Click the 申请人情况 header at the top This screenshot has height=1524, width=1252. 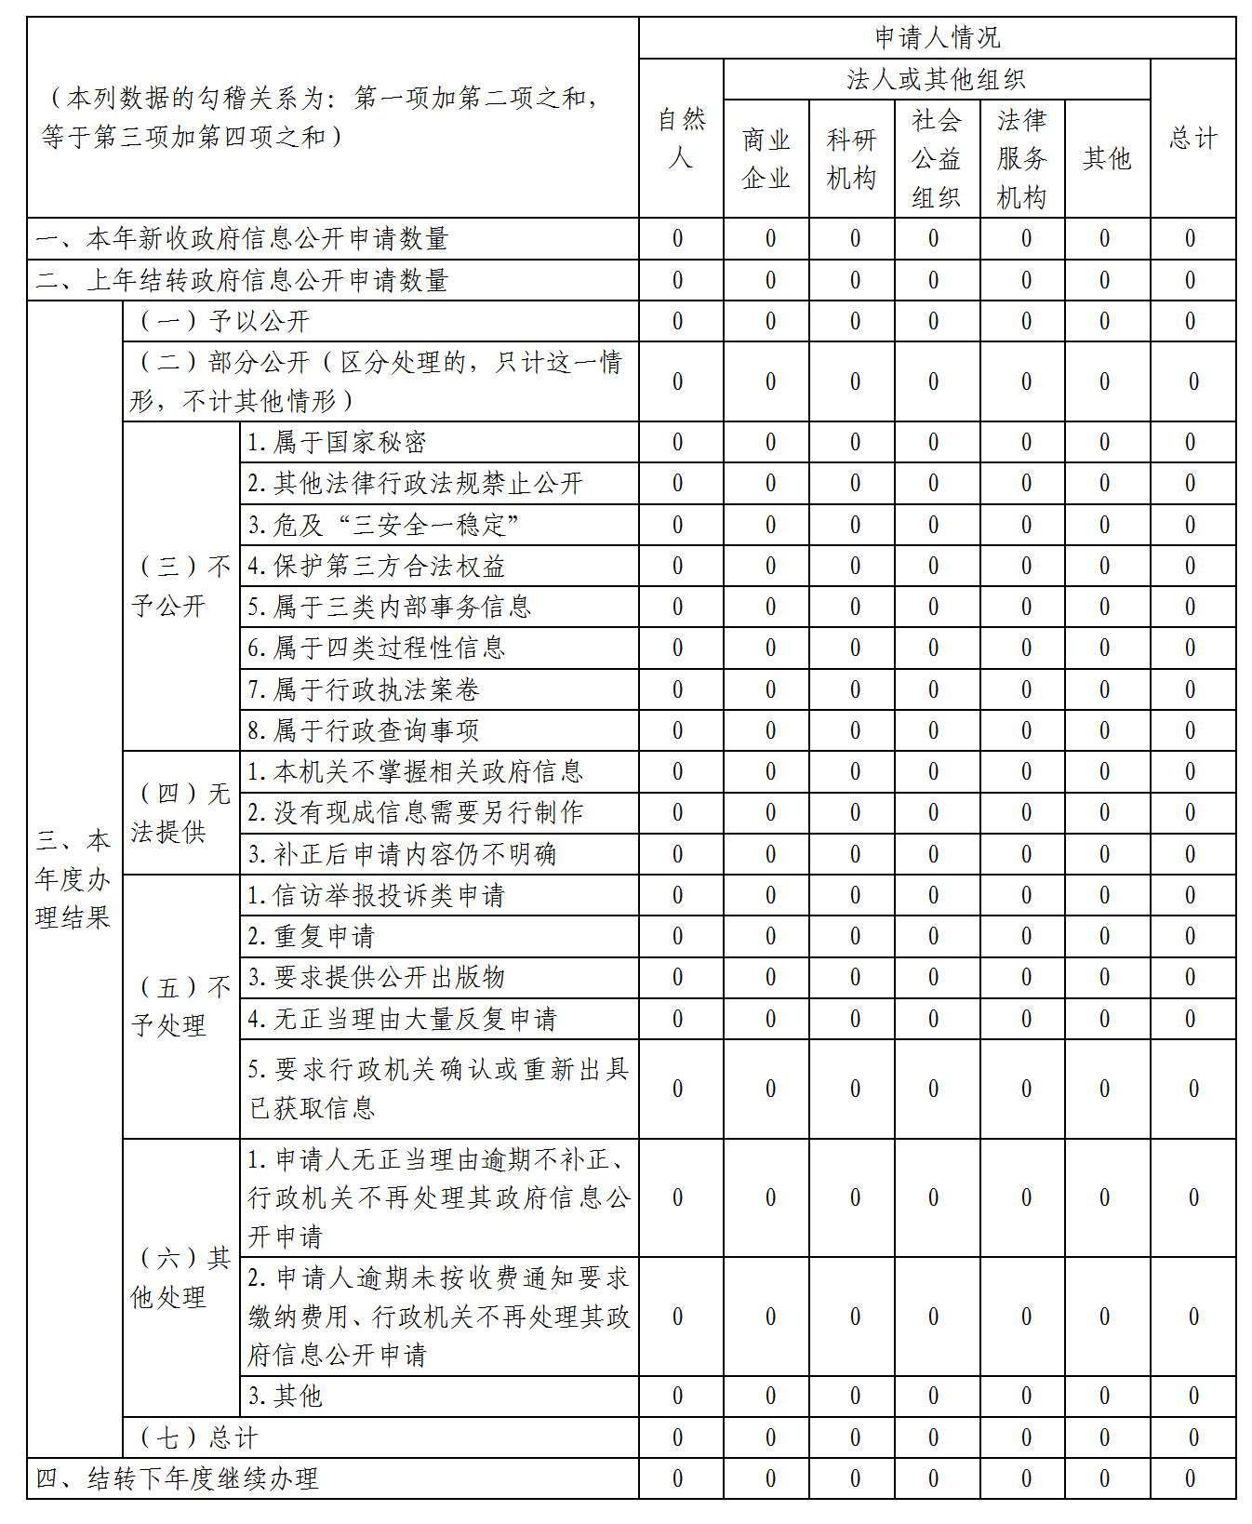click(x=937, y=38)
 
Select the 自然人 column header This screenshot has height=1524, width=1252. click(x=681, y=139)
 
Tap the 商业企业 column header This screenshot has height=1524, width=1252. click(x=766, y=159)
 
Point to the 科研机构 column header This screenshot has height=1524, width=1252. click(x=851, y=159)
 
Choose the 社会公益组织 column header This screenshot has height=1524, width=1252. click(x=937, y=159)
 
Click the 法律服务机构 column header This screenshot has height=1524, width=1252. click(x=1022, y=159)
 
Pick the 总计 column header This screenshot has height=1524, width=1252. click(x=1192, y=139)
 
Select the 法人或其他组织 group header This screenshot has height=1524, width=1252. click(x=937, y=80)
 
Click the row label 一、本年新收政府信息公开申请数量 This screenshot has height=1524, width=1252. click(x=242, y=239)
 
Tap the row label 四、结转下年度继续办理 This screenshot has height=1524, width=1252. click(x=177, y=1478)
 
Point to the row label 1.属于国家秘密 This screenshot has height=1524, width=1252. click(x=337, y=443)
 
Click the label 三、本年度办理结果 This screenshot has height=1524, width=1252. click(x=73, y=879)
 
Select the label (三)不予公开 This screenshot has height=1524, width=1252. click(x=180, y=586)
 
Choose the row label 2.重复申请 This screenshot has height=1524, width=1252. click(x=311, y=937)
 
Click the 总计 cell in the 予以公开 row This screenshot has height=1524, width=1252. click(x=1191, y=322)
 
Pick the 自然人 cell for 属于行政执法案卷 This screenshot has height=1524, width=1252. click(x=678, y=690)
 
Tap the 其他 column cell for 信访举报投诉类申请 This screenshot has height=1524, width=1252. click(x=1104, y=896)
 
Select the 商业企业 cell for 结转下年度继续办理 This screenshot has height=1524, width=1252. click(x=770, y=1478)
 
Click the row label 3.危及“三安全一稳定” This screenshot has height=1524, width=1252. click(x=383, y=526)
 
